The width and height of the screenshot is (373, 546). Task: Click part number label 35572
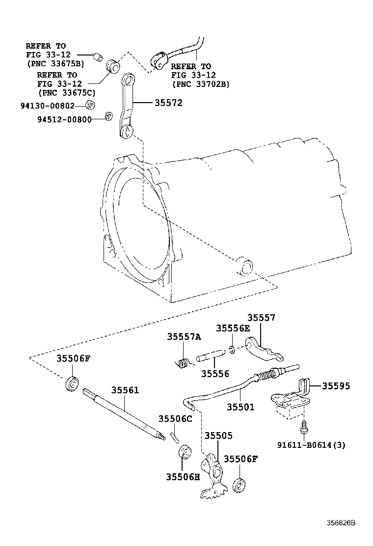(168, 103)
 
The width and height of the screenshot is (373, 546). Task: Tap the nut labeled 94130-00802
(90, 105)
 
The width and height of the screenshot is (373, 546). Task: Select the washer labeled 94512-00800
(109, 116)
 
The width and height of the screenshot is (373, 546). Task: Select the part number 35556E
(233, 328)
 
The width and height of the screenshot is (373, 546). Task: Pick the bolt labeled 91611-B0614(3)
(303, 427)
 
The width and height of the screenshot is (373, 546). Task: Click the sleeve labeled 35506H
(185, 451)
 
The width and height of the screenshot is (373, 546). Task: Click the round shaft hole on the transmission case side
(245, 268)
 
